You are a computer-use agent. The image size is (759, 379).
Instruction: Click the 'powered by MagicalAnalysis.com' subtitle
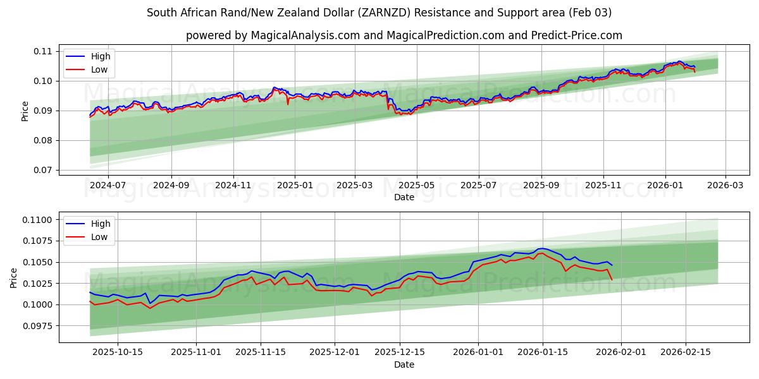point(404,35)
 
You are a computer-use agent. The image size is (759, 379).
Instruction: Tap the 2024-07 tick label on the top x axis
point(108,186)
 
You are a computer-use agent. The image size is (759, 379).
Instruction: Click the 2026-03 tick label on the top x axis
point(725,186)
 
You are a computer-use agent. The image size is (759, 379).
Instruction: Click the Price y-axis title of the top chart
point(25,111)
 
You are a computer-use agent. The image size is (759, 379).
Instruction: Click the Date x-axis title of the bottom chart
point(404,364)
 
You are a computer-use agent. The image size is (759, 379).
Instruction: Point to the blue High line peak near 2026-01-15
point(541,248)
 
